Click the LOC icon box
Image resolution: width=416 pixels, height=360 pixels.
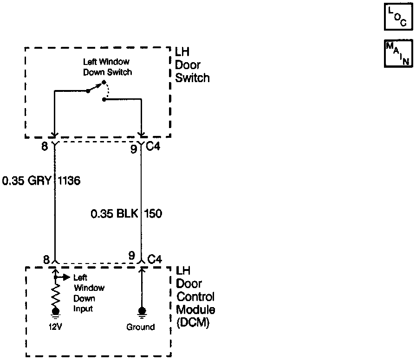coord(398,18)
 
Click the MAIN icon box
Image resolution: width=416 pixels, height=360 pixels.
coord(398,54)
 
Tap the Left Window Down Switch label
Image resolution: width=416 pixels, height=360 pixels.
coord(107,66)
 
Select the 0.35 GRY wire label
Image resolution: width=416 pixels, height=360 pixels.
coord(26,181)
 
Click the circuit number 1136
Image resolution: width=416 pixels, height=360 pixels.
coord(70,181)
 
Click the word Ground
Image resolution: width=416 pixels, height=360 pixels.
coord(141,327)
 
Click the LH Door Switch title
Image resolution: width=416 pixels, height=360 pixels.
coord(192,65)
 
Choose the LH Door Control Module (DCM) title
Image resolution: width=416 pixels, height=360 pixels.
coord(195,297)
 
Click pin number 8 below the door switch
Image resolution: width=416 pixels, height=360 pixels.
coord(45,148)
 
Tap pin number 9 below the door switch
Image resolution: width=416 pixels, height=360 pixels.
coord(133,148)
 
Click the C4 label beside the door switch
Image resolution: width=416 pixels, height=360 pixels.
coord(154,148)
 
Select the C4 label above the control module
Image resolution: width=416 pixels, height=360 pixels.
coord(154,258)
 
